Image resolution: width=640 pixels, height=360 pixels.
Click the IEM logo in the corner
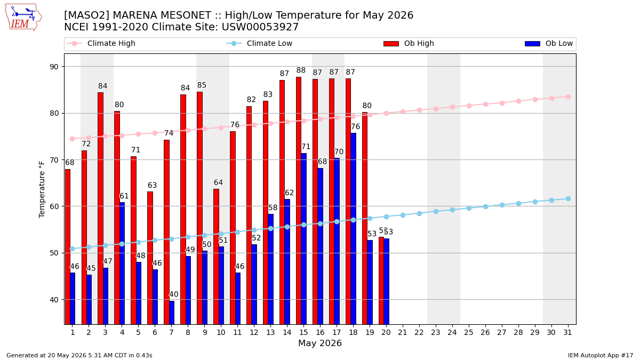pos(23,18)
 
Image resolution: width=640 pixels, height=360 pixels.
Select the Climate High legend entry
pos(101,43)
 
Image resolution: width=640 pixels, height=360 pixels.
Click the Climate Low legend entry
pos(259,43)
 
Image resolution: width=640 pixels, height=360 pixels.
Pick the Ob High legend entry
pos(409,43)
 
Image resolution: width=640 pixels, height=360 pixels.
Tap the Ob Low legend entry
pos(549,43)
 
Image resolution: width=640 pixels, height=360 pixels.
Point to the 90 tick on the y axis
pos(54,67)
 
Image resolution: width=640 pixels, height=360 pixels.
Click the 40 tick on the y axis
pos(54,300)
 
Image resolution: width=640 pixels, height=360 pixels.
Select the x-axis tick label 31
pos(567,333)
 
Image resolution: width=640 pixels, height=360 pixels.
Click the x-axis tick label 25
pos(469,333)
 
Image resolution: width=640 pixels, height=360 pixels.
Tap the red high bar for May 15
pos(299,201)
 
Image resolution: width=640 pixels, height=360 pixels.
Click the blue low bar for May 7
pos(172,313)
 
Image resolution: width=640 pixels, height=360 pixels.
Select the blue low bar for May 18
pos(354,229)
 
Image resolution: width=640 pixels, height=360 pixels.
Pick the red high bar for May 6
pos(150,258)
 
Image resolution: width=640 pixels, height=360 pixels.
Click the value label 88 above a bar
pos(301,70)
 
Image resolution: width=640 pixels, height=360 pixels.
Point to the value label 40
pos(174,294)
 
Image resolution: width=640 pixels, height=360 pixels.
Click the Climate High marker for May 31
pos(568,97)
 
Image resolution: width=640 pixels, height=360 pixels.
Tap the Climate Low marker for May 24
pos(452,210)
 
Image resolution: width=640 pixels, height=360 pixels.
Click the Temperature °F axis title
pos(42,189)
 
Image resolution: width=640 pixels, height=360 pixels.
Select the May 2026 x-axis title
pos(319,343)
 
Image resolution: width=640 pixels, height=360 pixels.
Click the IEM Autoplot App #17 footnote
pos(601,355)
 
